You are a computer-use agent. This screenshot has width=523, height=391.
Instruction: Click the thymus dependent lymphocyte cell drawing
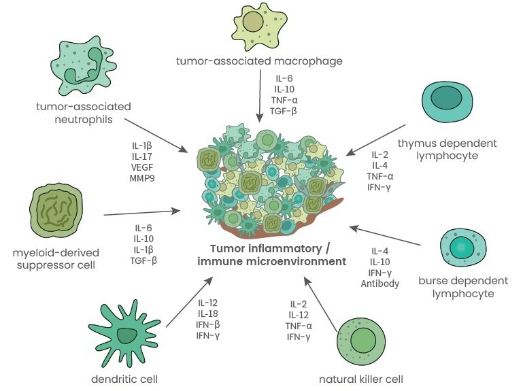448,102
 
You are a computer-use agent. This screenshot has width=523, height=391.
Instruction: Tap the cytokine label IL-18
208,313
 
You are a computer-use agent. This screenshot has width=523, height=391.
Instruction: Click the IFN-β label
208,324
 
